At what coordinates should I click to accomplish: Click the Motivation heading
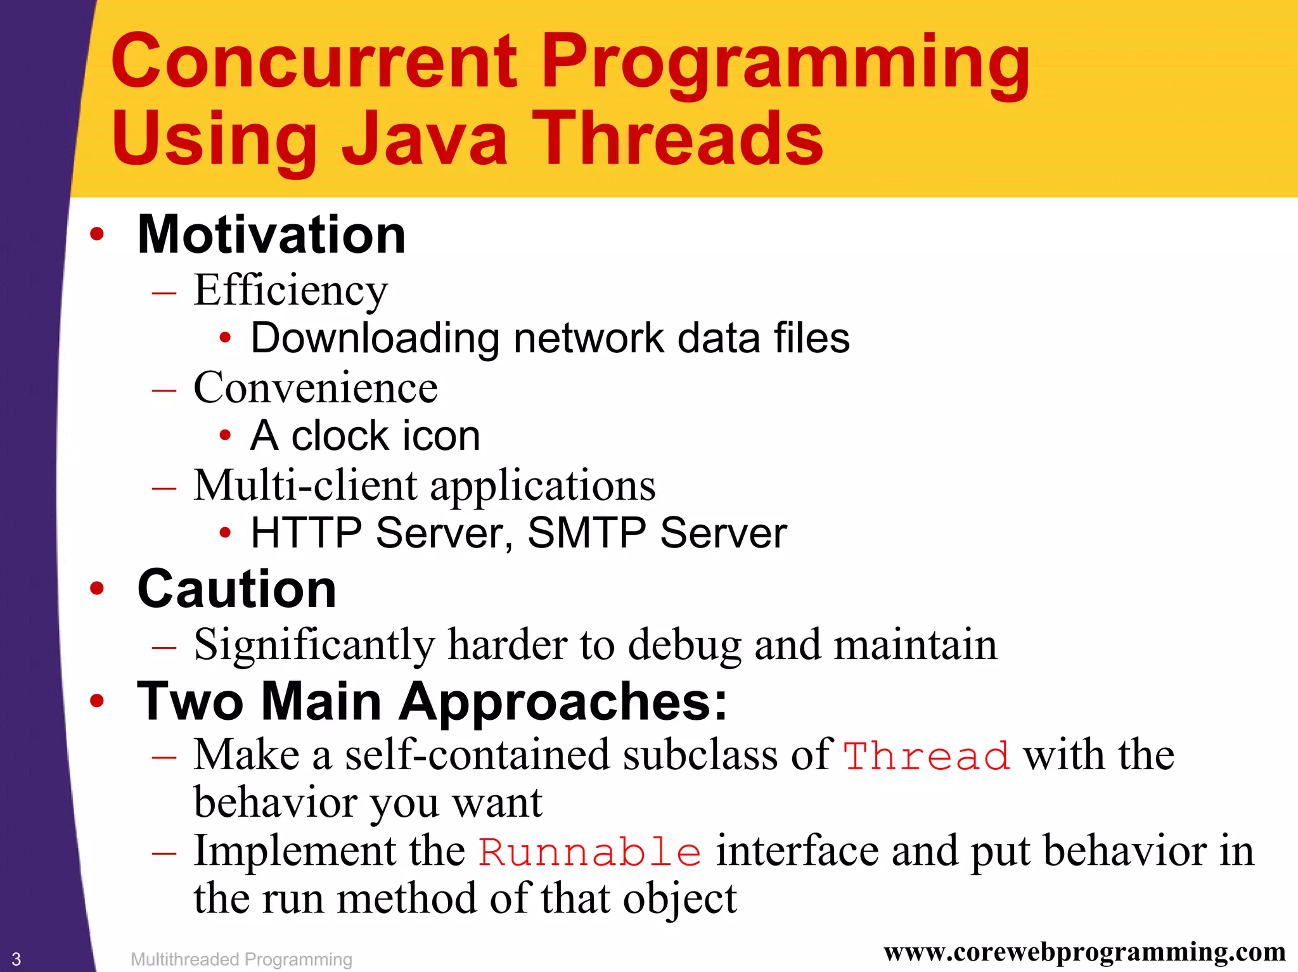(x=271, y=235)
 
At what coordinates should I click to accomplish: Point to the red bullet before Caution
(x=96, y=589)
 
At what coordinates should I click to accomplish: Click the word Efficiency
(x=290, y=291)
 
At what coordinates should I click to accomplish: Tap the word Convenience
(x=315, y=388)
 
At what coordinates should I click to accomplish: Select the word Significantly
(x=314, y=646)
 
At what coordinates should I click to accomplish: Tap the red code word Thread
(x=926, y=757)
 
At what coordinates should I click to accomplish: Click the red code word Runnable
(x=589, y=852)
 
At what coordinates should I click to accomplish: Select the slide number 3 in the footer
(x=16, y=959)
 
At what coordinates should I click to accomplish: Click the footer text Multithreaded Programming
(x=241, y=959)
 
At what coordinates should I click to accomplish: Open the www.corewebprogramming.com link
(x=1084, y=952)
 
